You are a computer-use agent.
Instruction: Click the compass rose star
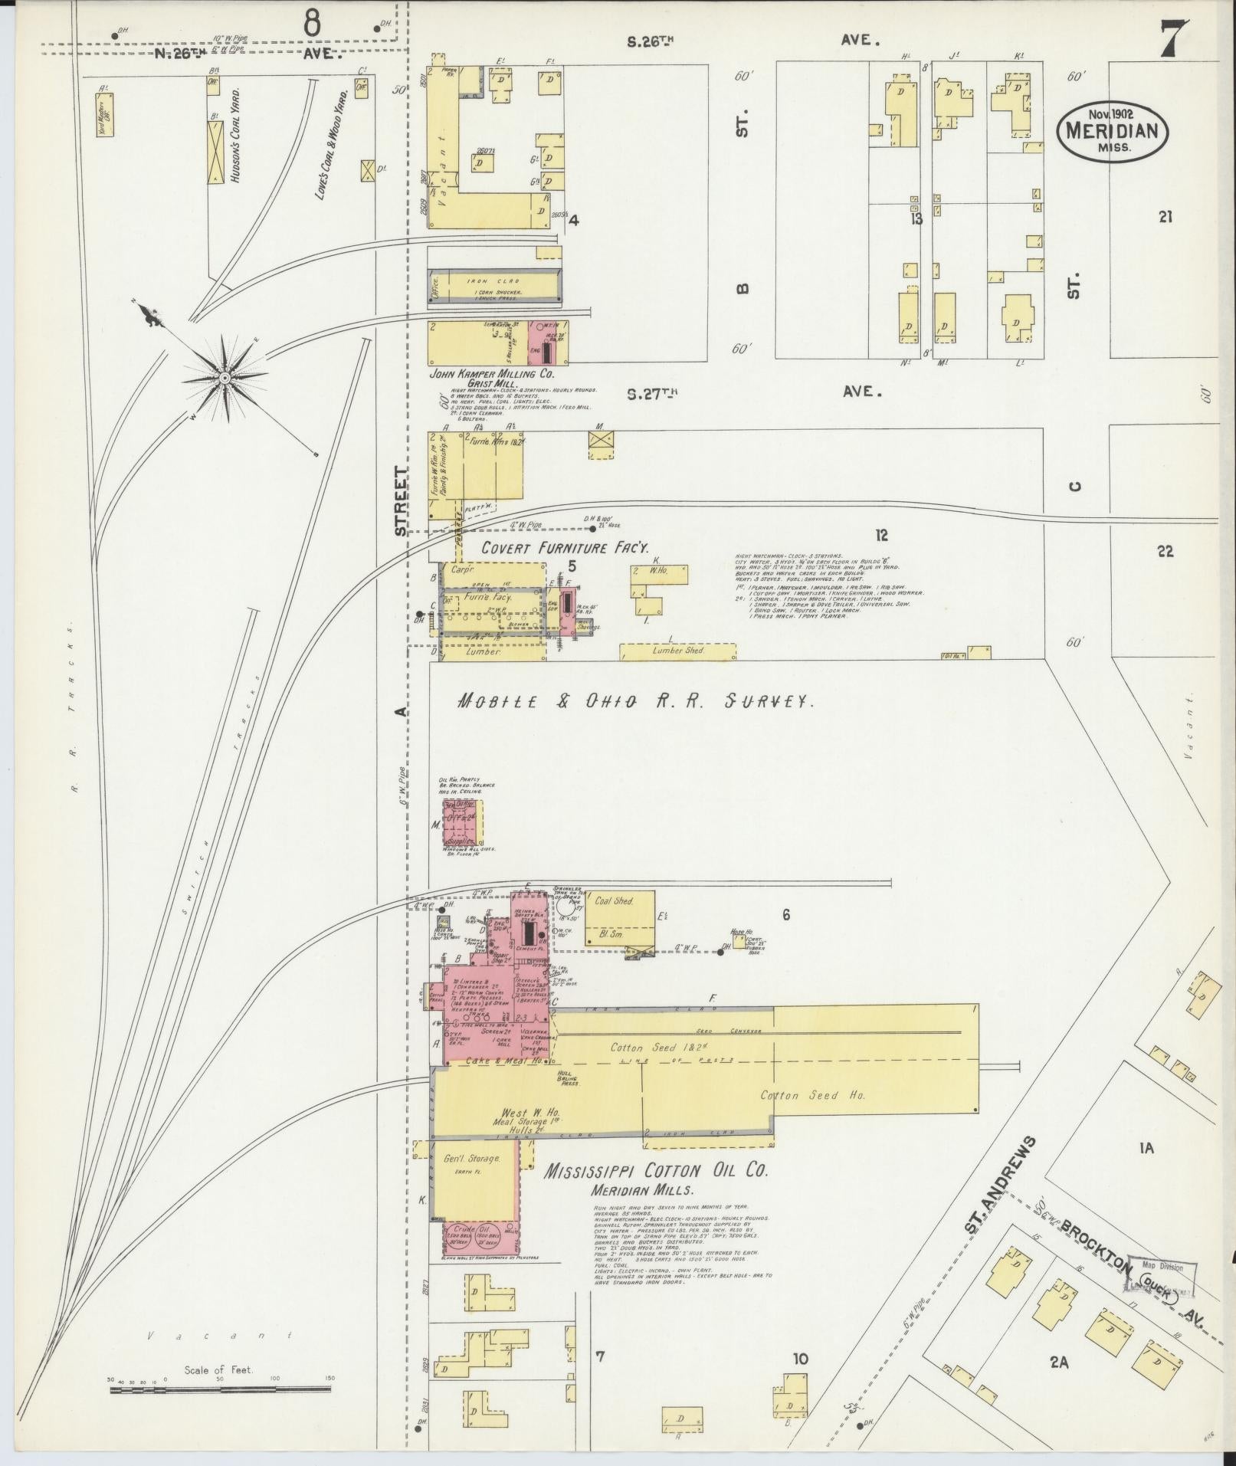(x=225, y=377)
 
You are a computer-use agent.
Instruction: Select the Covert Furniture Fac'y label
(x=566, y=548)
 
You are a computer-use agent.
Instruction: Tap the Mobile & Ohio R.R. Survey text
(x=634, y=700)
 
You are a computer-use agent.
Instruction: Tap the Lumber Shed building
(x=677, y=651)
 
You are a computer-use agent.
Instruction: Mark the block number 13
(x=916, y=220)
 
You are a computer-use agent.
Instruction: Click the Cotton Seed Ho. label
(x=812, y=1095)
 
